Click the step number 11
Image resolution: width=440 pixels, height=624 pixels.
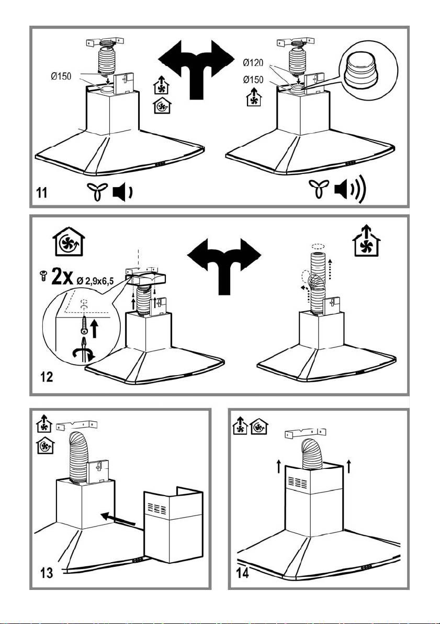[x=43, y=193]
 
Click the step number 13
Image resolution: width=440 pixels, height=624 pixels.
[x=46, y=570]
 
